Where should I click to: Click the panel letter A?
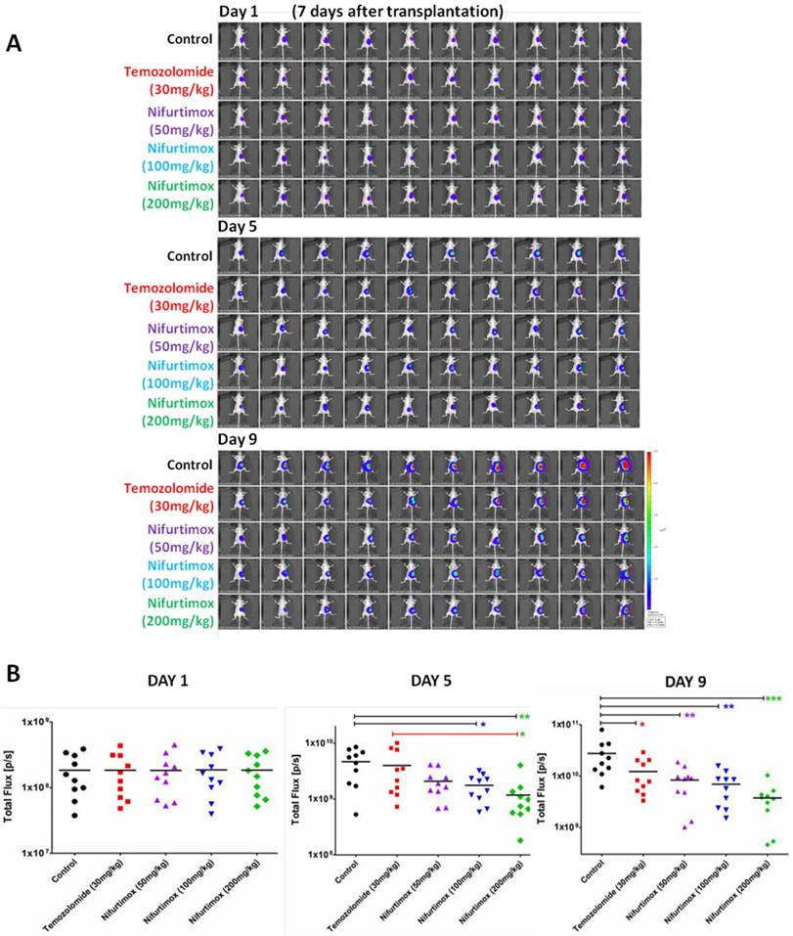point(15,43)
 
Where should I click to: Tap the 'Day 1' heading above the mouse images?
point(239,12)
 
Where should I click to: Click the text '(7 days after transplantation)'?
point(397,12)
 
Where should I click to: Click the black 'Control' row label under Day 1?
point(190,39)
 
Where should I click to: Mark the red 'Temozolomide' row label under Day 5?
point(168,288)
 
